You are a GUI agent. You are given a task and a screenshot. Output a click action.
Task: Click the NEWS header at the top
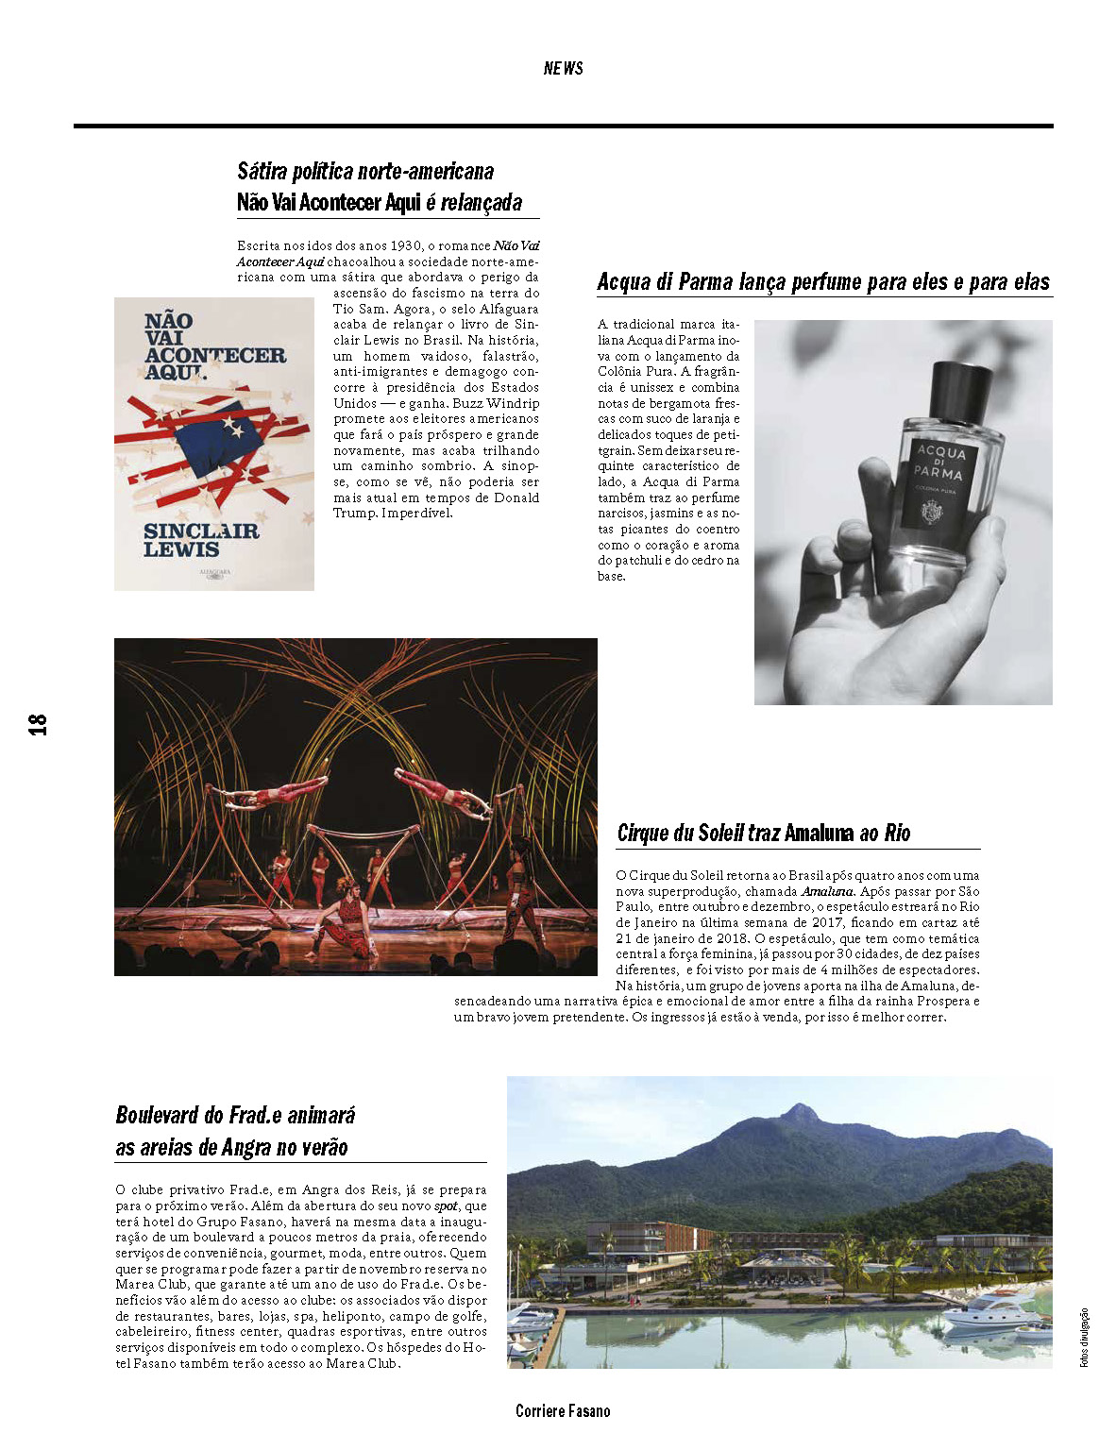563,68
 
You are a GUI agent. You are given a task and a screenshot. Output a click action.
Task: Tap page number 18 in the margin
38,724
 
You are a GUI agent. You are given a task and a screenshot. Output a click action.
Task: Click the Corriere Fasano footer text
563,1410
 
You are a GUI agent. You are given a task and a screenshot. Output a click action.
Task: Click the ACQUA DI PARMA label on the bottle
939,463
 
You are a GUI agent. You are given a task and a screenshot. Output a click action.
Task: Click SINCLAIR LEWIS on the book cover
200,540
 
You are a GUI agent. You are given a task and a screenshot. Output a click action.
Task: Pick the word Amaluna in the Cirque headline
819,833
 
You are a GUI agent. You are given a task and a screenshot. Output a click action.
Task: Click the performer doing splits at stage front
346,911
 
